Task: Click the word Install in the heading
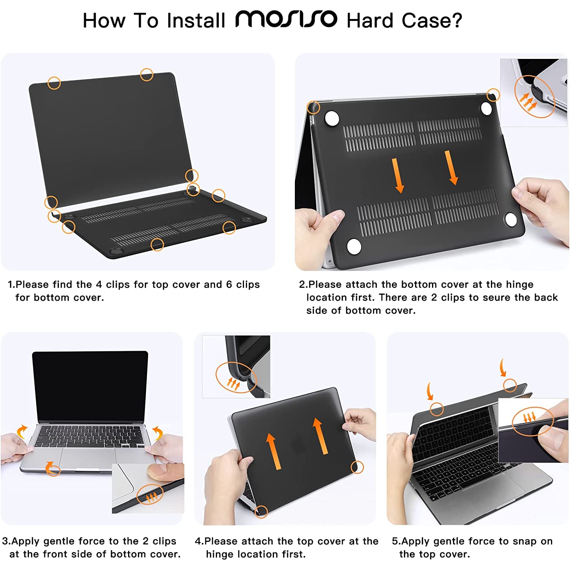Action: click(x=196, y=21)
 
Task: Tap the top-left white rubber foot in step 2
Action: click(x=332, y=118)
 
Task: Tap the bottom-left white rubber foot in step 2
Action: click(x=354, y=246)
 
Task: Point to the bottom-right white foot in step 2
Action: click(x=510, y=219)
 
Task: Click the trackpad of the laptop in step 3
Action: click(x=87, y=459)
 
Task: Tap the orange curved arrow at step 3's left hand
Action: click(x=22, y=432)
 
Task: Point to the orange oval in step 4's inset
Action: click(x=236, y=378)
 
